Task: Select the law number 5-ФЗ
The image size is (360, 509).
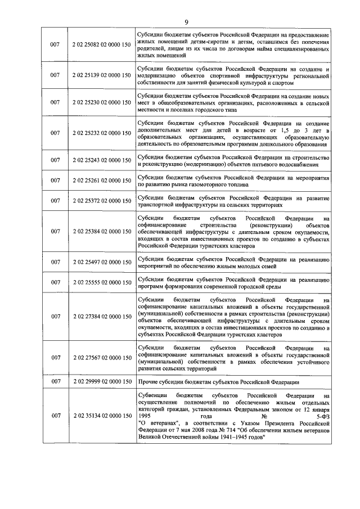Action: [321, 416]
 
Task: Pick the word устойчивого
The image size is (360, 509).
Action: [310, 363]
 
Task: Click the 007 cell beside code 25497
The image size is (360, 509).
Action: [55, 262]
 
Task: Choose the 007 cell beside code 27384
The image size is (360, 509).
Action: [55, 316]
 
